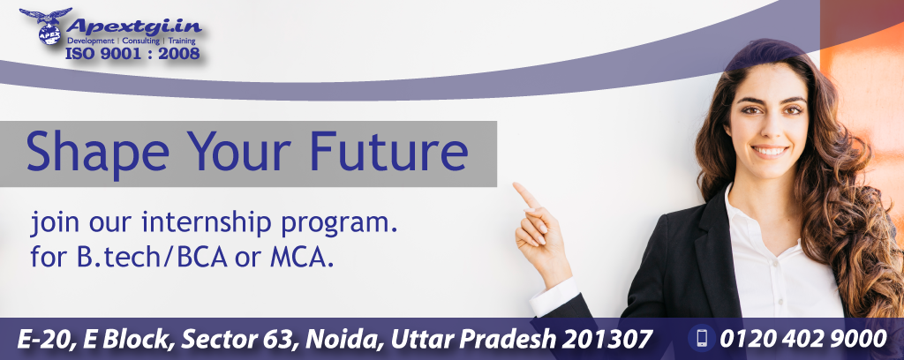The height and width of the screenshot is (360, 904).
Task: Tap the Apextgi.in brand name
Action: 134,26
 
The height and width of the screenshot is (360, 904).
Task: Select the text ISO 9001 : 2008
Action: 132,54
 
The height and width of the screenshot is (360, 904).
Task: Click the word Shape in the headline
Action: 97,152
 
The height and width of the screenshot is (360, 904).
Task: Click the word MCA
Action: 302,258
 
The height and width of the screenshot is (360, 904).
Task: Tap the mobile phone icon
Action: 702,338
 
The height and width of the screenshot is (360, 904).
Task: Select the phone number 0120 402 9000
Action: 803,339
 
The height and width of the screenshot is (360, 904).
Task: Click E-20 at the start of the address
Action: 45,339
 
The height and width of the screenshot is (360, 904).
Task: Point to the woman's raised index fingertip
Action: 516,186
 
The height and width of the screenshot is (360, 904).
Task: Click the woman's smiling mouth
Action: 769,152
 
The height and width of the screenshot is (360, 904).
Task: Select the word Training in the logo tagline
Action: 182,41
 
